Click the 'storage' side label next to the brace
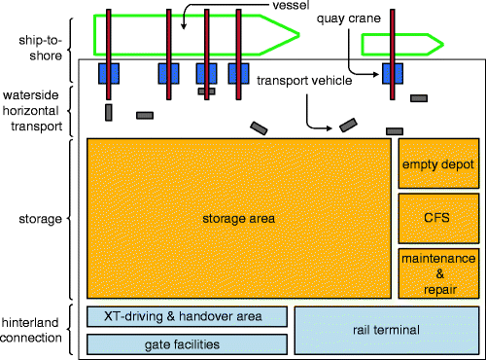click(34, 219)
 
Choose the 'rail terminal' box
click(386, 331)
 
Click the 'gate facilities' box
click(187, 344)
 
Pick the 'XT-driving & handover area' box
click(187, 316)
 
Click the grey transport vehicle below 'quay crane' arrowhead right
click(419, 98)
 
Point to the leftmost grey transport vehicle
click(109, 112)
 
